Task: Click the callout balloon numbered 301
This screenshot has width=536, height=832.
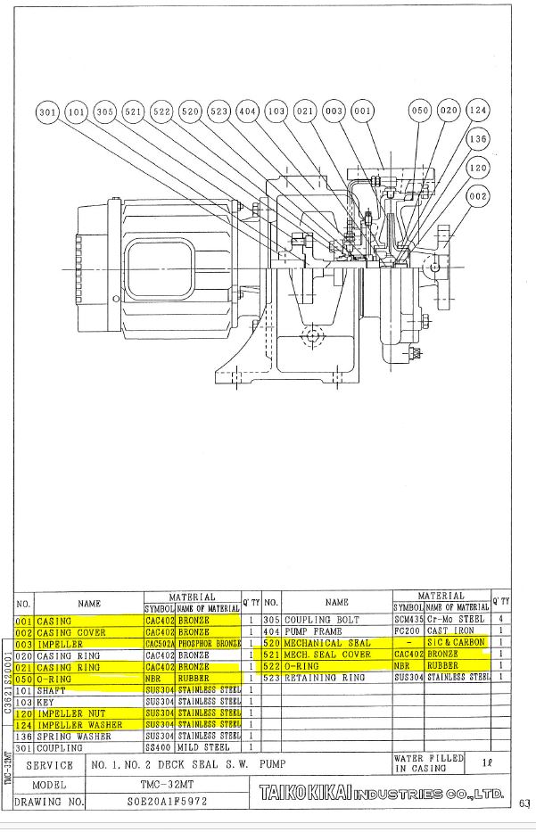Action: pos(47,112)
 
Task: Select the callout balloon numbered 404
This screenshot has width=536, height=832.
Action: pos(247,112)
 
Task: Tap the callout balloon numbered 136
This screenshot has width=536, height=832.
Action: pos(478,140)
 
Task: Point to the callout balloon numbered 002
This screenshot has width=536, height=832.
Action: pos(478,196)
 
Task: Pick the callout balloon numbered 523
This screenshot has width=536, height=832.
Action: pos(219,112)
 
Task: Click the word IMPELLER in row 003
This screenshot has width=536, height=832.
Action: pos(60,643)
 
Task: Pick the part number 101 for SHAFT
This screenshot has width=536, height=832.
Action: pos(24,690)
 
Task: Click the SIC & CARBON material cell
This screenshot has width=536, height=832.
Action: pos(456,643)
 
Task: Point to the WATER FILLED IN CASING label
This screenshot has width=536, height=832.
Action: pos(428,762)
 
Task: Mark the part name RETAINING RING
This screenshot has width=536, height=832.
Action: pos(325,678)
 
